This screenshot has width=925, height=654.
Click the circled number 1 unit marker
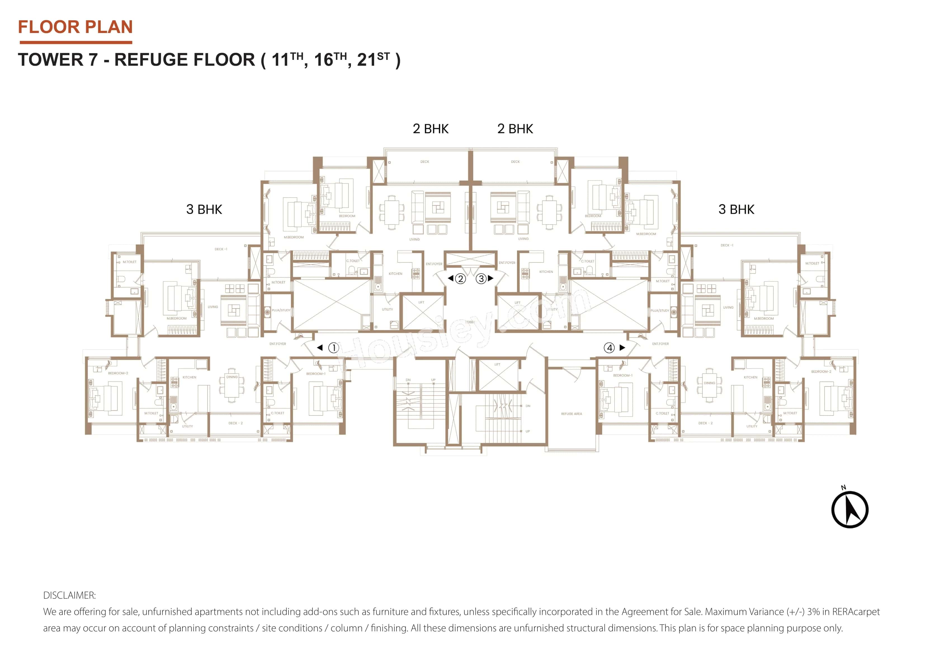click(x=334, y=348)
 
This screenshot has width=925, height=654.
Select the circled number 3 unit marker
click(x=481, y=278)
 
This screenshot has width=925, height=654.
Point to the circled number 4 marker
click(x=609, y=348)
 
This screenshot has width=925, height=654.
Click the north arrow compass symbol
click(x=850, y=509)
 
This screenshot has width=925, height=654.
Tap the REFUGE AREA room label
click(x=571, y=414)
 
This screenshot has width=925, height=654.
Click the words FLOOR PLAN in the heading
click(x=75, y=27)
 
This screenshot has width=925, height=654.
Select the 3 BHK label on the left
click(x=204, y=209)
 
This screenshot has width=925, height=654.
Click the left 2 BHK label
click(x=430, y=129)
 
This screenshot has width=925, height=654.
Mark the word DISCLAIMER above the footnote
click(x=69, y=595)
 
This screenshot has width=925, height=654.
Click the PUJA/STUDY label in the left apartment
click(x=281, y=310)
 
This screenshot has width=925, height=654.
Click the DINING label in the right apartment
click(x=709, y=383)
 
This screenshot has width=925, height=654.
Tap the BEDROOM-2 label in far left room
click(x=118, y=373)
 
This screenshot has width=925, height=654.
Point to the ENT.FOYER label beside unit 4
click(x=660, y=344)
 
